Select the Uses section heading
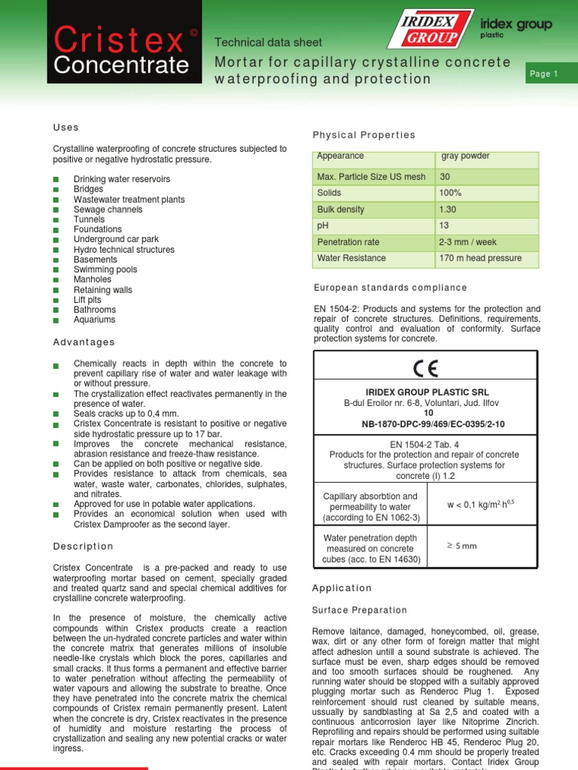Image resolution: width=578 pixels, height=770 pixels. point(66,128)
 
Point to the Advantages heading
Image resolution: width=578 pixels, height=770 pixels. point(84,342)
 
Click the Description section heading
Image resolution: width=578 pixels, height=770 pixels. point(83,546)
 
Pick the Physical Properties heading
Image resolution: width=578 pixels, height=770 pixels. point(364,135)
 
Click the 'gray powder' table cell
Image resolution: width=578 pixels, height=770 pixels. point(465,156)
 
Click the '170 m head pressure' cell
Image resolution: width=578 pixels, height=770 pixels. point(481,258)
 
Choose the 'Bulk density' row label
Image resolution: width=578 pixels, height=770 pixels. point(340,210)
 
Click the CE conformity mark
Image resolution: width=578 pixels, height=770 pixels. point(425,368)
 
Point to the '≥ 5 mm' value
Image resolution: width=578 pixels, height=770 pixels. point(461,546)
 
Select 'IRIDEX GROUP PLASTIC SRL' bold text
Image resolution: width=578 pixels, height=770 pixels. point(425,392)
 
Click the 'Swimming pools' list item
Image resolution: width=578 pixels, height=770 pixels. point(105,269)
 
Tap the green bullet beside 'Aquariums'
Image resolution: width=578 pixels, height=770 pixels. point(56,320)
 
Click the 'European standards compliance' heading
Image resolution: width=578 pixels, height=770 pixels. point(389,288)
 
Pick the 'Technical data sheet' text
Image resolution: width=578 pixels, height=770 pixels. point(269,43)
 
